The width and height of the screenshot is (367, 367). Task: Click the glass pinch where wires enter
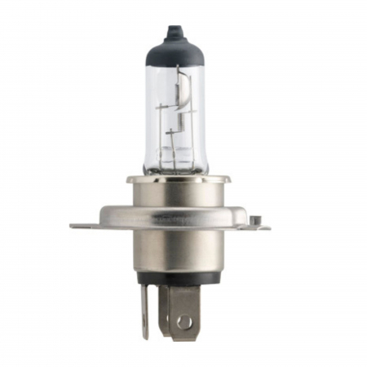(175, 163)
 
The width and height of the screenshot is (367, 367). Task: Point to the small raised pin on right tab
(255, 218)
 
